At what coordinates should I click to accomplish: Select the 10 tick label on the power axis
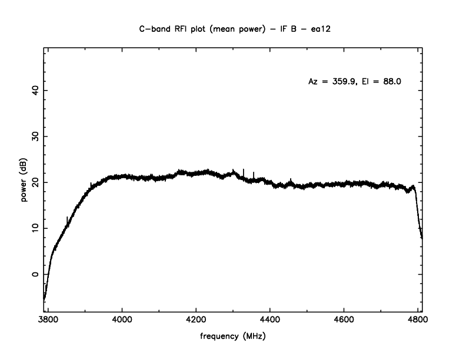pos(35,228)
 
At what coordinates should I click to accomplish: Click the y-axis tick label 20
pos(35,182)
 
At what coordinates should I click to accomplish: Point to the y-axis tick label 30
pos(35,136)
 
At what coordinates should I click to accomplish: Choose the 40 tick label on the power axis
pos(35,91)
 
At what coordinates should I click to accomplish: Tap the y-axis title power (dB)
pos(24,182)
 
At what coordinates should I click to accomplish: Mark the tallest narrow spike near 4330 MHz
pos(244,171)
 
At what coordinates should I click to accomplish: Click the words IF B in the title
pos(278,28)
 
